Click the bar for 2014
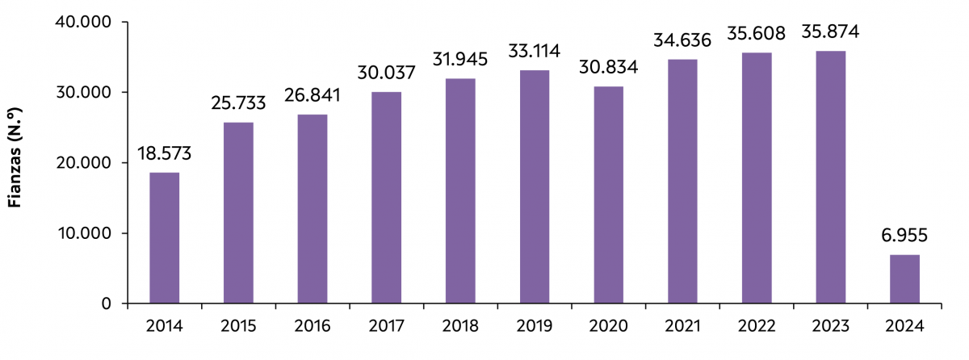[x=165, y=238]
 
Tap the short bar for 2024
[x=904, y=279]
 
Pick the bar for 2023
[x=830, y=177]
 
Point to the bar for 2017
[x=386, y=198]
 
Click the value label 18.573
[x=165, y=153]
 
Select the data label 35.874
[x=830, y=32]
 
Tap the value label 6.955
[x=904, y=236]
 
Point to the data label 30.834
[x=608, y=68]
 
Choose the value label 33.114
[x=535, y=52]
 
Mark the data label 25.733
[x=238, y=103]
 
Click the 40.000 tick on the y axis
[x=84, y=22]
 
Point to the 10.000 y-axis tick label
[x=84, y=233]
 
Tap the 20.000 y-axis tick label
[x=84, y=163]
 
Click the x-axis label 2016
[x=313, y=327]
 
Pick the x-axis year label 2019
[x=535, y=327]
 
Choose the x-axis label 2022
[x=757, y=327]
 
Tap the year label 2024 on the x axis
[x=904, y=327]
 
